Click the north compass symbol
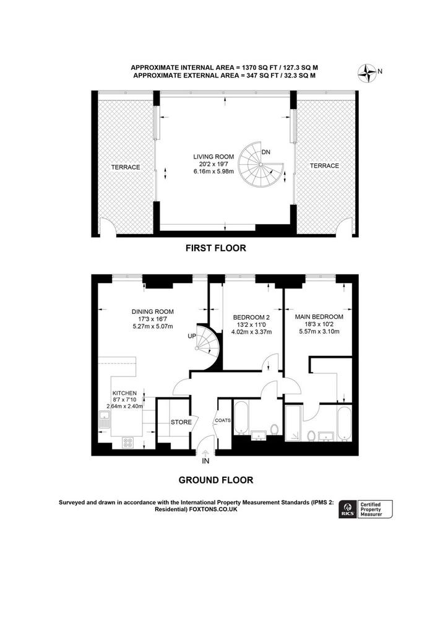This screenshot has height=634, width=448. [x=368, y=72]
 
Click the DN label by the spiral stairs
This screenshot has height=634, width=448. [x=265, y=152]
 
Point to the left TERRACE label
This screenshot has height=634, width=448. [x=126, y=167]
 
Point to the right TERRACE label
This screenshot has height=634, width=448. [x=324, y=166]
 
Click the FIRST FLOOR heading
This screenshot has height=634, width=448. [x=216, y=248]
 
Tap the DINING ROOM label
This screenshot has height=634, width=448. [x=152, y=311]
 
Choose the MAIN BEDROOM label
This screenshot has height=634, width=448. [x=319, y=316]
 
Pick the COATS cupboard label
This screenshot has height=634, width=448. [x=223, y=420]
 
